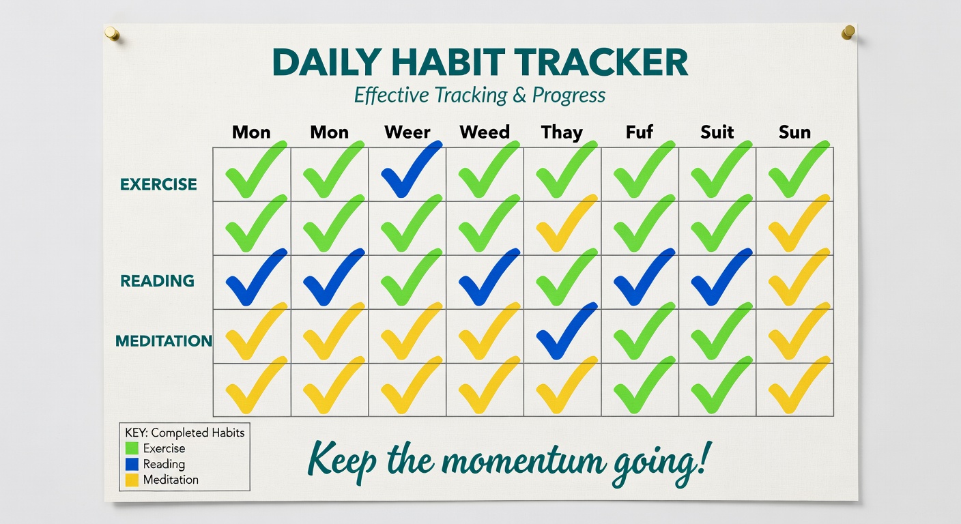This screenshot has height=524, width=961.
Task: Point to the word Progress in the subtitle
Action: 569,95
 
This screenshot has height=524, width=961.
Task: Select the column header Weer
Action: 407,132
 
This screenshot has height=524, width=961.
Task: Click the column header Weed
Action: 485,132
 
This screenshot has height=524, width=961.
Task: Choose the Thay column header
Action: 562,132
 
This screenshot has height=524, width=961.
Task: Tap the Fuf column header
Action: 640,132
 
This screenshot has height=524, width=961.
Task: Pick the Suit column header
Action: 717,132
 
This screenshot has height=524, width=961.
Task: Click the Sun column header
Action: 794,132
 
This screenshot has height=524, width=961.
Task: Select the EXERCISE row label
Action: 158,184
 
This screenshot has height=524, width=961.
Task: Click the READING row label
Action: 157,280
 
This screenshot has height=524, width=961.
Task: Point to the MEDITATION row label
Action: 164,340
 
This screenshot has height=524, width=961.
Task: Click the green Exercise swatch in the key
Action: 132,448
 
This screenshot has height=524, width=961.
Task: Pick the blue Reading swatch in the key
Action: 132,464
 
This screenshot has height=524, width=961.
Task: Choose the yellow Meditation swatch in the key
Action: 132,480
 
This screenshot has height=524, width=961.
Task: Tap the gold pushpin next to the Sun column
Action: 848,31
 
